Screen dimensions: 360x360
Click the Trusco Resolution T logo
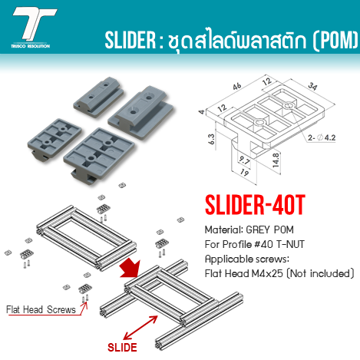point(32,28)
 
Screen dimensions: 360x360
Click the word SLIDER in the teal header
point(130,41)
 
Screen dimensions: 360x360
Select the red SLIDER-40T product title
point(255,205)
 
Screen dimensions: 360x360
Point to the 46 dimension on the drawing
point(237,86)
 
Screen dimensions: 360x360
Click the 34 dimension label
point(312,86)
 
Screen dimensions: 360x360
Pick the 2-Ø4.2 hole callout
point(322,138)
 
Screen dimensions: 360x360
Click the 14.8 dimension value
point(276,160)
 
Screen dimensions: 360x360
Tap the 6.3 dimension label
point(212,139)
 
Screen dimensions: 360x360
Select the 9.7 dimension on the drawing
point(244,160)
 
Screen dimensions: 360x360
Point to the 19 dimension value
point(244,173)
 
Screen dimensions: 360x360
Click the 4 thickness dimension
point(202,112)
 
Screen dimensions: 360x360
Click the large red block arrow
point(130,268)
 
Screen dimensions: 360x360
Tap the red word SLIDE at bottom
point(122,348)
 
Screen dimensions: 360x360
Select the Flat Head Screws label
point(41,309)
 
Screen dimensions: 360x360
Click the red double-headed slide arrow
point(140,328)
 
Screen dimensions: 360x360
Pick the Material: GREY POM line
point(249,230)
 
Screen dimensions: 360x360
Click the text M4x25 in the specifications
point(267,273)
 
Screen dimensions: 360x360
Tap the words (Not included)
point(320,273)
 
